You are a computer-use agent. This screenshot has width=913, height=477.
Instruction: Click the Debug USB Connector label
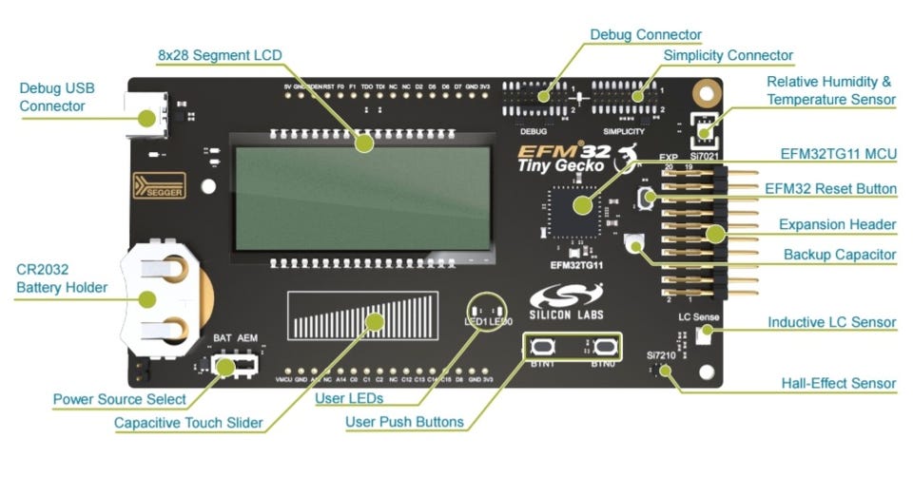pyautogui.click(x=57, y=96)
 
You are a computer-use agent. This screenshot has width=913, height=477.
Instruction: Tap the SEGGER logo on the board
pyautogui.click(x=159, y=184)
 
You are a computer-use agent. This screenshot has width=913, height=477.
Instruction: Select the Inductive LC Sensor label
pyautogui.click(x=831, y=322)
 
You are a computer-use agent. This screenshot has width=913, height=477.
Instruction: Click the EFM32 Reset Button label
pyautogui.click(x=830, y=189)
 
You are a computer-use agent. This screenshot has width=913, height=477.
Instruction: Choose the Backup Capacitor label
pyautogui.click(x=839, y=255)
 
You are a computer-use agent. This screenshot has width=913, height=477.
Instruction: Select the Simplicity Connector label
pyautogui.click(x=728, y=55)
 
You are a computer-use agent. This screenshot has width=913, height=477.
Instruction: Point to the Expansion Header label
pyautogui.click(x=837, y=224)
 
